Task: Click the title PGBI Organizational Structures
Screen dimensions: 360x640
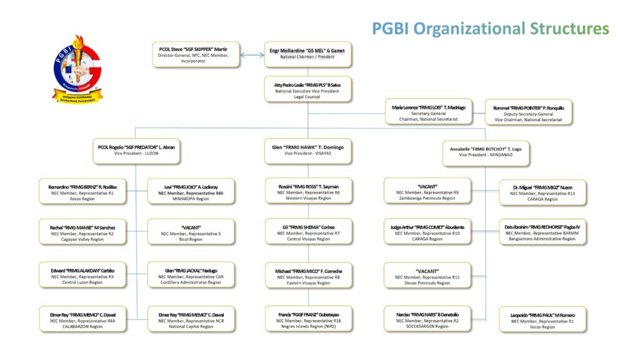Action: click(x=490, y=28)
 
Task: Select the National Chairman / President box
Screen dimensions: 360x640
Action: click(x=307, y=54)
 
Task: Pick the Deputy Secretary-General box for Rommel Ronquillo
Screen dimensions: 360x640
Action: click(x=528, y=112)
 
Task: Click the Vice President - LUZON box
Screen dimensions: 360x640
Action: click(x=136, y=151)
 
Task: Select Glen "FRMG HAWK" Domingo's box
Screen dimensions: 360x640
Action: click(x=307, y=150)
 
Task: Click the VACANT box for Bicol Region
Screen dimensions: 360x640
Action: click(x=191, y=231)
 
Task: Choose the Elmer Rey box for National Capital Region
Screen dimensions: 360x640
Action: click(x=191, y=318)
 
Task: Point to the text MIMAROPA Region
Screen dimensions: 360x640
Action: click(x=191, y=199)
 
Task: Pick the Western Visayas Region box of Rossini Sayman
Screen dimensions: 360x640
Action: click(x=307, y=191)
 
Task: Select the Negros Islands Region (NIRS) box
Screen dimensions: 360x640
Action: click(x=307, y=318)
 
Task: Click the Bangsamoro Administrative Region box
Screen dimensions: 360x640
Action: click(x=542, y=231)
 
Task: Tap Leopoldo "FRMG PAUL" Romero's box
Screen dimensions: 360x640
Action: click(x=542, y=318)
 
